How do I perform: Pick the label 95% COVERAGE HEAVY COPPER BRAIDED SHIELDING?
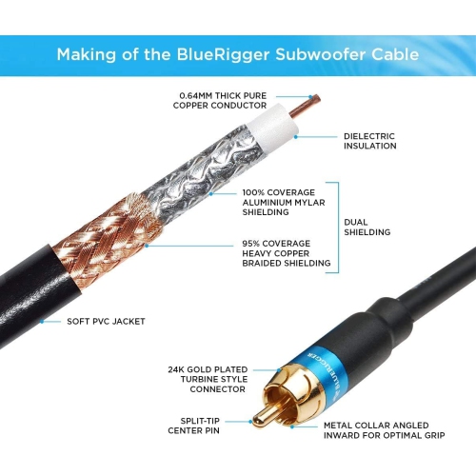coord(287,252)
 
